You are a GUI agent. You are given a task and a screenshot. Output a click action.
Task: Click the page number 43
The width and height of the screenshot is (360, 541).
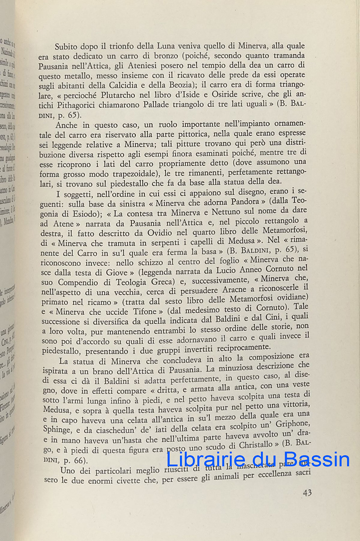(307, 492)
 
